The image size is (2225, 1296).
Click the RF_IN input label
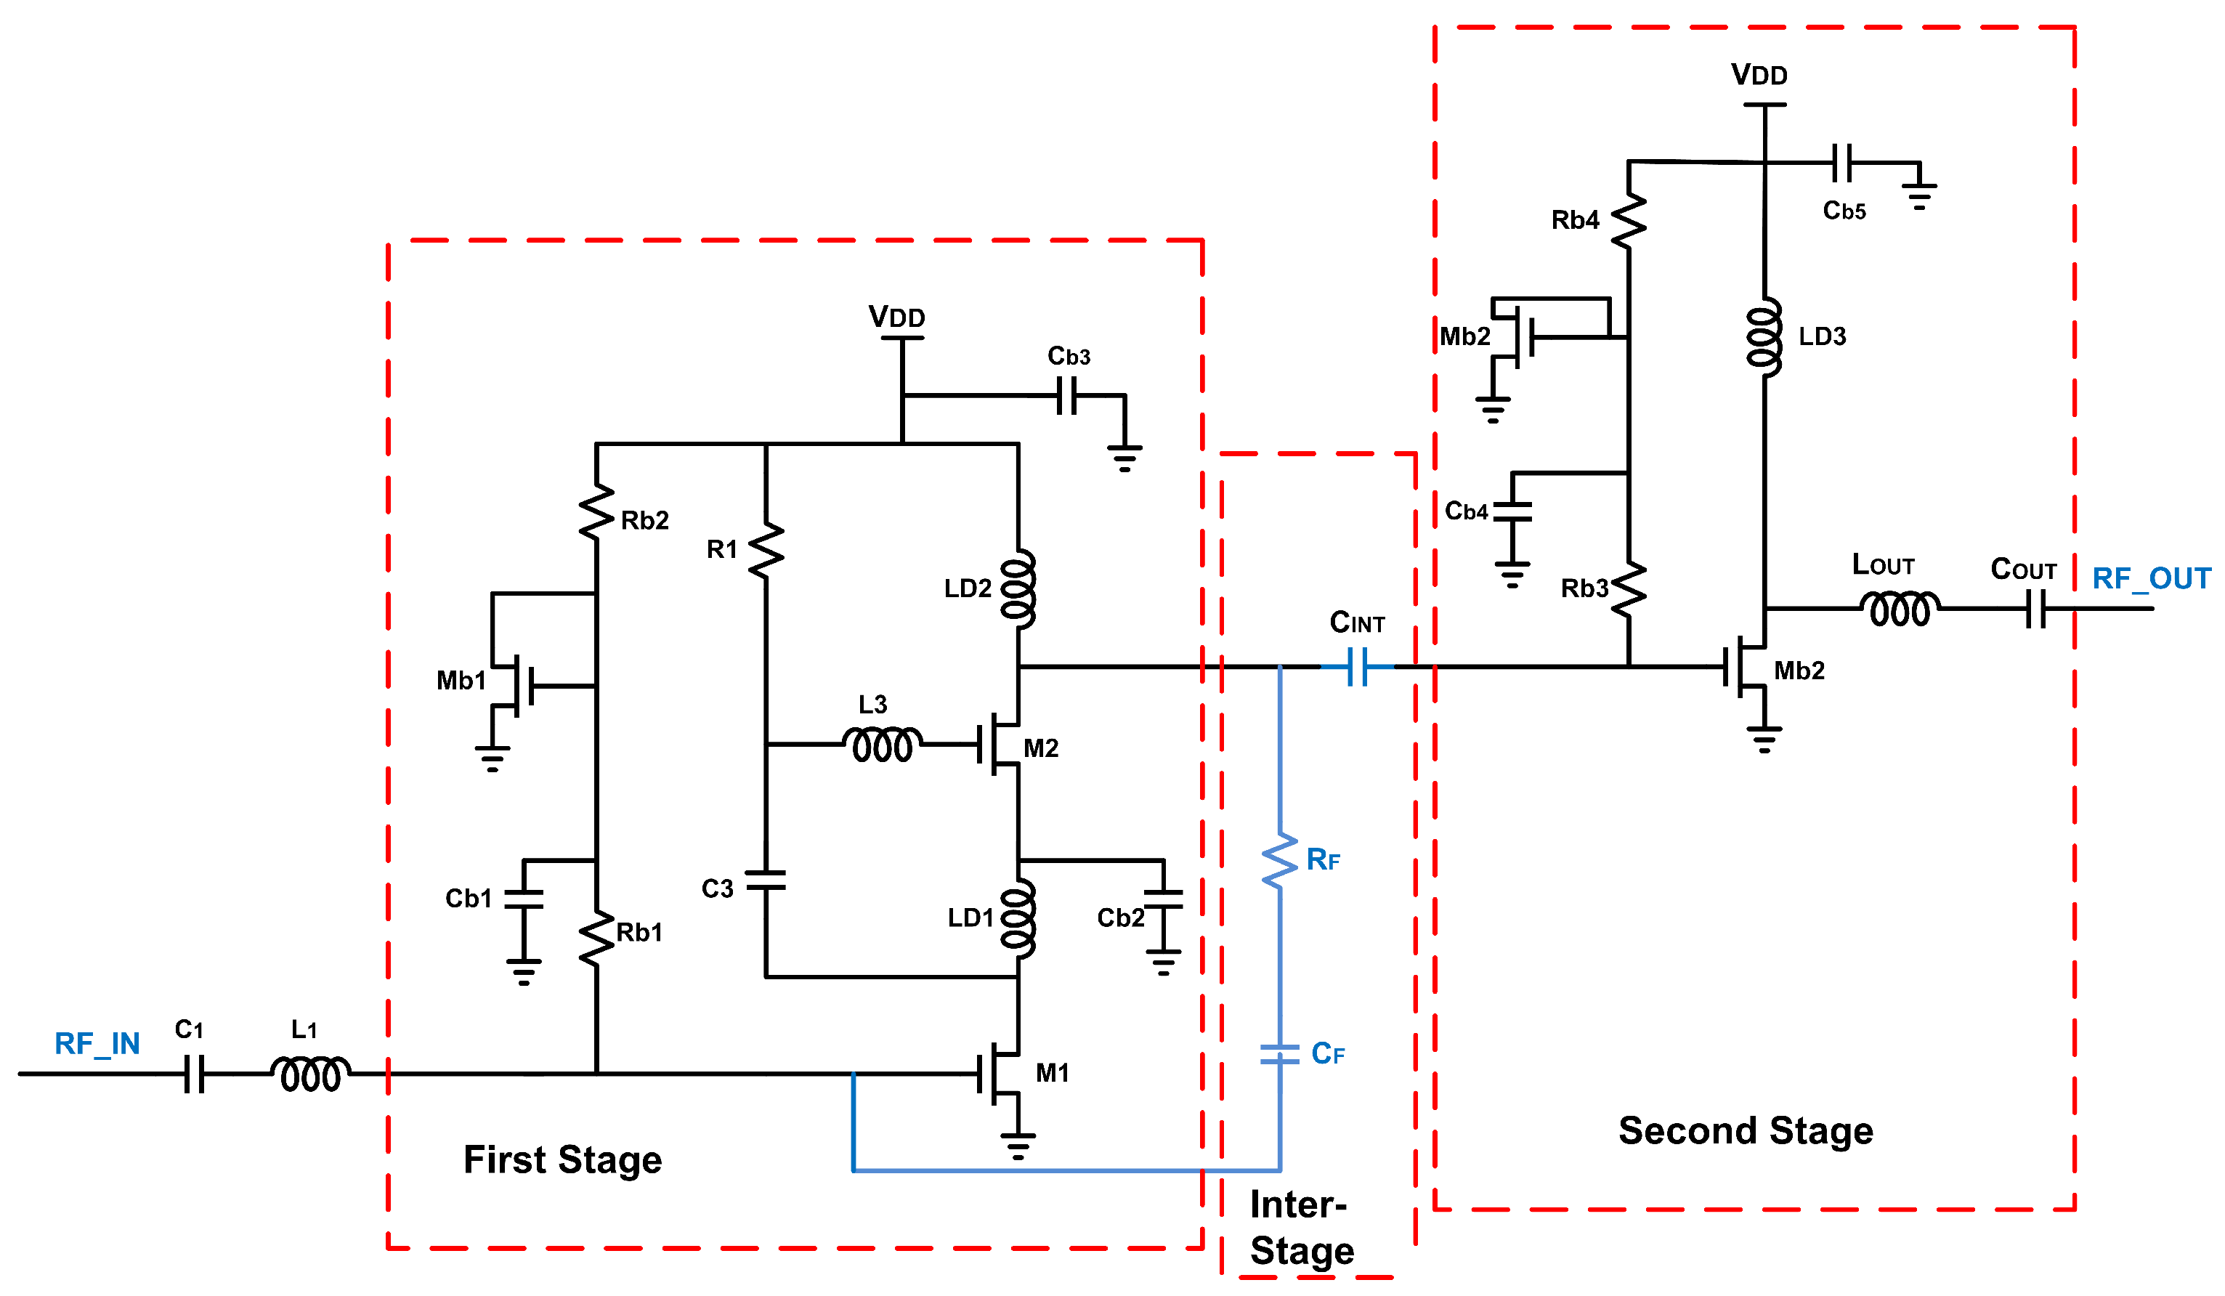(x=97, y=1043)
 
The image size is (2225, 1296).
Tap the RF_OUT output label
(x=2150, y=578)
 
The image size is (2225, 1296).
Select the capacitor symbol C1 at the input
(x=195, y=1074)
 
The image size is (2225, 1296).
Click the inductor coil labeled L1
(x=310, y=1074)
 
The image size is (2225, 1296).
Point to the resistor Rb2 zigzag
(x=597, y=512)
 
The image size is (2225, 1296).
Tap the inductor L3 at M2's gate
(x=882, y=744)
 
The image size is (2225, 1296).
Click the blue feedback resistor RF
(x=1279, y=860)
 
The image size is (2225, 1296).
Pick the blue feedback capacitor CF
(x=1279, y=1054)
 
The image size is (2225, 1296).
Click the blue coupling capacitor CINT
(x=1358, y=667)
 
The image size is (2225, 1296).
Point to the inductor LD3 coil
(x=1764, y=336)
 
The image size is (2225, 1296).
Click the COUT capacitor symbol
(x=2035, y=608)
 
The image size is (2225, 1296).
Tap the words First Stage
(x=562, y=1159)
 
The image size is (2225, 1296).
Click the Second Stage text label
(x=1746, y=1130)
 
